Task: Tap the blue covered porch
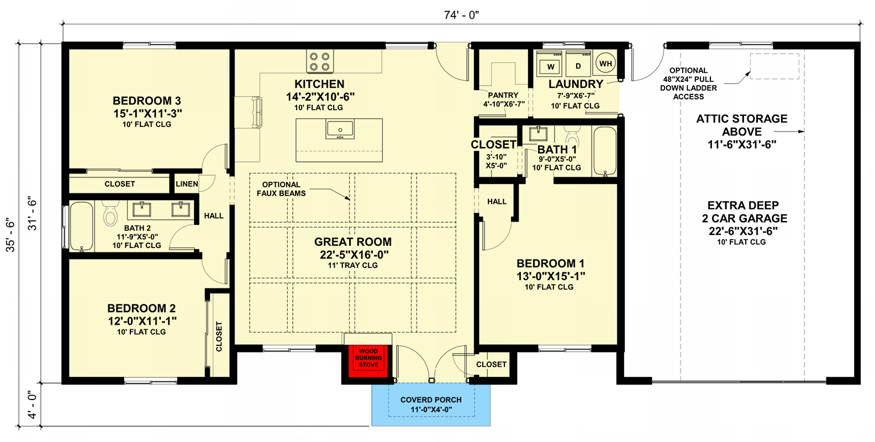click(x=431, y=405)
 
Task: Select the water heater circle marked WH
click(x=605, y=64)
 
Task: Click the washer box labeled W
click(x=551, y=67)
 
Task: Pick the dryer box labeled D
click(x=578, y=66)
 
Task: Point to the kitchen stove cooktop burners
click(x=320, y=61)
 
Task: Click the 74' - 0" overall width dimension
click(x=461, y=15)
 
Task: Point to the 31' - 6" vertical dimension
click(x=33, y=213)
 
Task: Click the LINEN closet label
click(x=187, y=184)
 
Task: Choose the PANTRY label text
click(x=503, y=95)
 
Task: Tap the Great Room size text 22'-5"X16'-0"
click(x=354, y=255)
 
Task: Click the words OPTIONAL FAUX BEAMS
click(x=281, y=189)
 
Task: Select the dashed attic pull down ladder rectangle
click(x=774, y=66)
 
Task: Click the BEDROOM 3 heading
click(x=147, y=101)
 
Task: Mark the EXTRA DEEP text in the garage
click(x=743, y=206)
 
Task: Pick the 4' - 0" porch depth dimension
click(x=33, y=405)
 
